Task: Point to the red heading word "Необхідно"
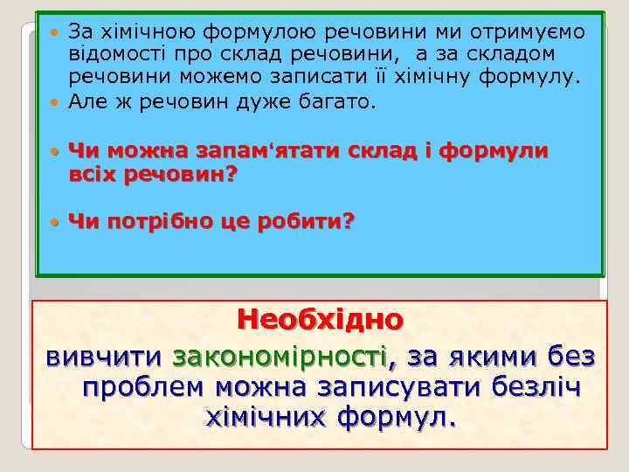(321, 321)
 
